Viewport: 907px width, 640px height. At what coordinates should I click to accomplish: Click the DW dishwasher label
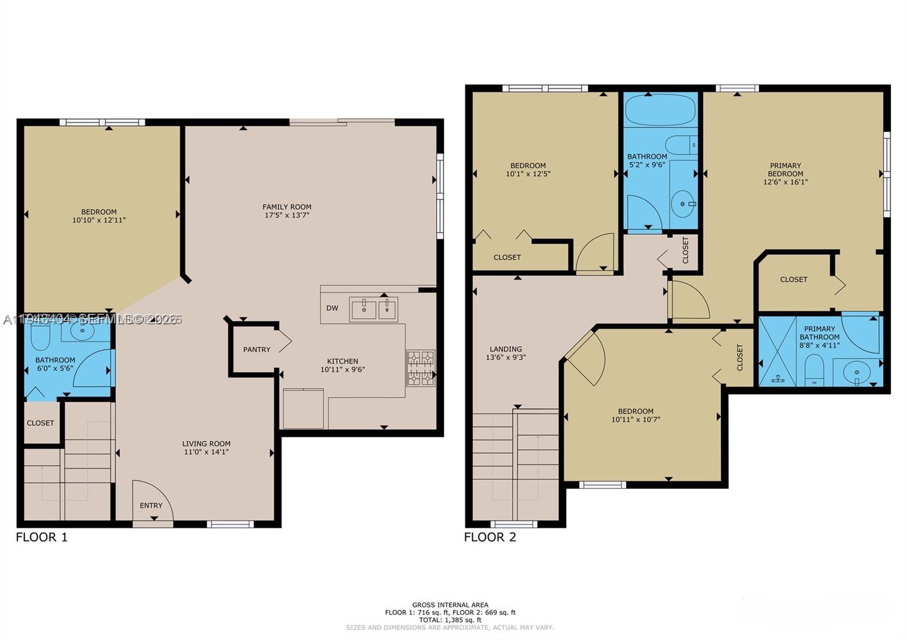click(x=332, y=308)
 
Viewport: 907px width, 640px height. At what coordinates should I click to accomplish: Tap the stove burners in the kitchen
click(x=421, y=368)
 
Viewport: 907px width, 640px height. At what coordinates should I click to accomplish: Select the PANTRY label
click(x=257, y=349)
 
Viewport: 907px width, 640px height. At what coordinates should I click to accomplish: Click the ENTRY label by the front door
click(x=151, y=505)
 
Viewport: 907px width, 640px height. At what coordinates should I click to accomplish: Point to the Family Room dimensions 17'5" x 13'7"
click(x=287, y=215)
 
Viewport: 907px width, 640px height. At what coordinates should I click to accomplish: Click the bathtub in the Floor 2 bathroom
click(x=660, y=110)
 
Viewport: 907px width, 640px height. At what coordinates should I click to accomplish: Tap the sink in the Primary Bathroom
click(x=857, y=373)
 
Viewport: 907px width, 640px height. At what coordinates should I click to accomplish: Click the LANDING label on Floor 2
click(x=506, y=349)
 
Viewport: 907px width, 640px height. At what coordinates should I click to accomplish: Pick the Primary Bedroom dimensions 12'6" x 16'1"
click(x=785, y=182)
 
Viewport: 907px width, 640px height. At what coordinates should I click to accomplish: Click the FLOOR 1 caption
click(x=42, y=537)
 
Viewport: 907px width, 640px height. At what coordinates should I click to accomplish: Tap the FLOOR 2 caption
click(x=490, y=537)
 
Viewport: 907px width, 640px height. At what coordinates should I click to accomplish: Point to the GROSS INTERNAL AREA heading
click(x=450, y=605)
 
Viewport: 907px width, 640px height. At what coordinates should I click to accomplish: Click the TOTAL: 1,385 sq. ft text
click(x=450, y=620)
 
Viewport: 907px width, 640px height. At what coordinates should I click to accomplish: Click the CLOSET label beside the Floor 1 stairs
click(x=40, y=423)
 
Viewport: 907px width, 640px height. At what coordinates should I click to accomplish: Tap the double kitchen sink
click(x=373, y=310)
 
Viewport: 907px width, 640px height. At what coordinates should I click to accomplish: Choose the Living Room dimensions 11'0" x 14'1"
click(x=206, y=452)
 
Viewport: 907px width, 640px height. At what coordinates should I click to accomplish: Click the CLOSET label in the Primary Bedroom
click(x=794, y=279)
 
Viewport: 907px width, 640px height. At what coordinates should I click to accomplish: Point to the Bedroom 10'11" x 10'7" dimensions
click(x=635, y=420)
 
